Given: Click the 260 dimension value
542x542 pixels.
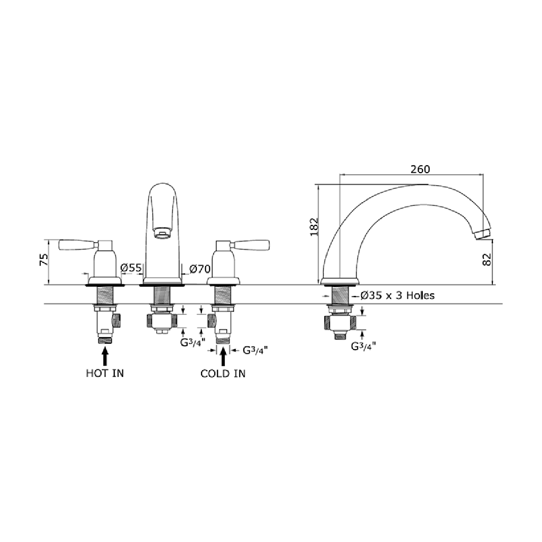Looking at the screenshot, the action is [420, 169].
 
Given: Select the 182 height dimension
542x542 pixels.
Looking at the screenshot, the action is [314, 227].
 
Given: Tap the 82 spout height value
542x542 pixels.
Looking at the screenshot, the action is [487, 259].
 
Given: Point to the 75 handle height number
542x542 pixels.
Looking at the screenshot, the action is [44, 259].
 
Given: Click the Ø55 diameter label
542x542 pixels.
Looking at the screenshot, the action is [131, 268].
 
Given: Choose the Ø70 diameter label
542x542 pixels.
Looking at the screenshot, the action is [200, 269].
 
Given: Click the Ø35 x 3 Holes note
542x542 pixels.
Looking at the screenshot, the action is [397, 295].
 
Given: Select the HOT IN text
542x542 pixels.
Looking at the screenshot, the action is [105, 373].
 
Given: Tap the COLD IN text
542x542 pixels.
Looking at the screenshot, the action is [223, 374].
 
